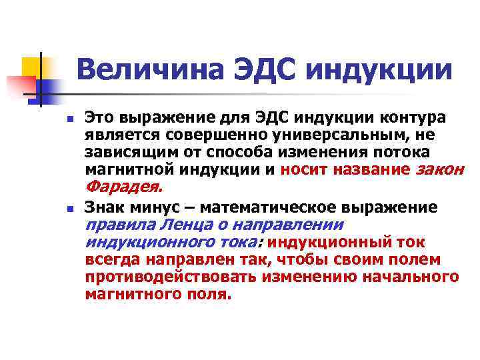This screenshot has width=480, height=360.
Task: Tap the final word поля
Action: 209,294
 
